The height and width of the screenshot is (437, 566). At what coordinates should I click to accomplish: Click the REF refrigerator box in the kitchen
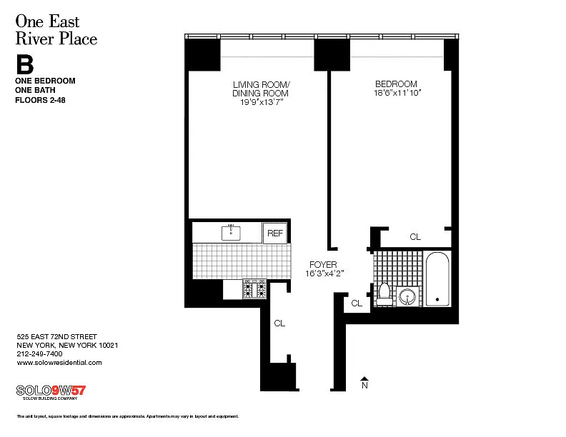274,233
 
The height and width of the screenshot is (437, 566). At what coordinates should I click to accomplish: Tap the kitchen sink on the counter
231,233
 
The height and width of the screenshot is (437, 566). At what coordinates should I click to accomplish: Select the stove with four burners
254,288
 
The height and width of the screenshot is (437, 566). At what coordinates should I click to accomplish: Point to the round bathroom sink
407,298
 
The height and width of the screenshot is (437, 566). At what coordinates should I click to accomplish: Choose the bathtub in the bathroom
437,279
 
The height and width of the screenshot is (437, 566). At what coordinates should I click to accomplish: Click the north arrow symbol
364,383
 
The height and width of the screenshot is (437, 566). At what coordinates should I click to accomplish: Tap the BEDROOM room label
396,84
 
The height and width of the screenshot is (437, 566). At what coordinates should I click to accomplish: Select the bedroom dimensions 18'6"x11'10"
397,93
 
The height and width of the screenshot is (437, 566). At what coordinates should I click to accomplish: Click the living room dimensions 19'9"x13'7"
262,102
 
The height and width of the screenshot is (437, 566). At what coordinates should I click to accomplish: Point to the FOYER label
323,265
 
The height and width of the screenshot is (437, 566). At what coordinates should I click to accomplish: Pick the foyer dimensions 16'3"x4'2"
324,273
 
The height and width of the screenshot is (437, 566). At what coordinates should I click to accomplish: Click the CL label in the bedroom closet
415,237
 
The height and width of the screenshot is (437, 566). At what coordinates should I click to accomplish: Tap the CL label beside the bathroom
357,303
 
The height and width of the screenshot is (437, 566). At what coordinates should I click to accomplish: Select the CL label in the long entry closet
279,323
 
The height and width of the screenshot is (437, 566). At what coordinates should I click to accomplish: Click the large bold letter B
25,64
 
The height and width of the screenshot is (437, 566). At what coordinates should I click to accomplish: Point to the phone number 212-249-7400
39,354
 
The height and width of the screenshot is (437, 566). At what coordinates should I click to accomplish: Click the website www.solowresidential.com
59,363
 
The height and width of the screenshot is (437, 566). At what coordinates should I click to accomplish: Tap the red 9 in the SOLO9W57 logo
55,391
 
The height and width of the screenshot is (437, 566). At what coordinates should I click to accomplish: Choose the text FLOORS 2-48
40,100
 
